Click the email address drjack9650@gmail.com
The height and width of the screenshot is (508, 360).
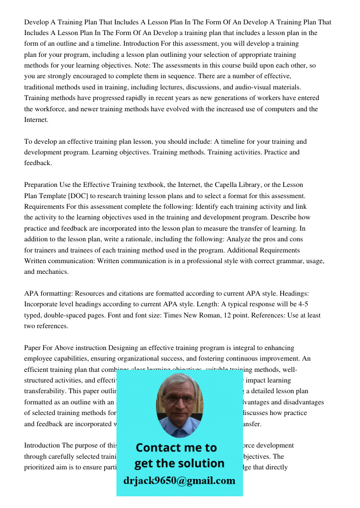[x=179, y=481]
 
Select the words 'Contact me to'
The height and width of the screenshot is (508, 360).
[x=176, y=448]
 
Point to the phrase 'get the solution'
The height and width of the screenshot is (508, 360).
[x=179, y=463]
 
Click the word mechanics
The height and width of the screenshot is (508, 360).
[x=52, y=272]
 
